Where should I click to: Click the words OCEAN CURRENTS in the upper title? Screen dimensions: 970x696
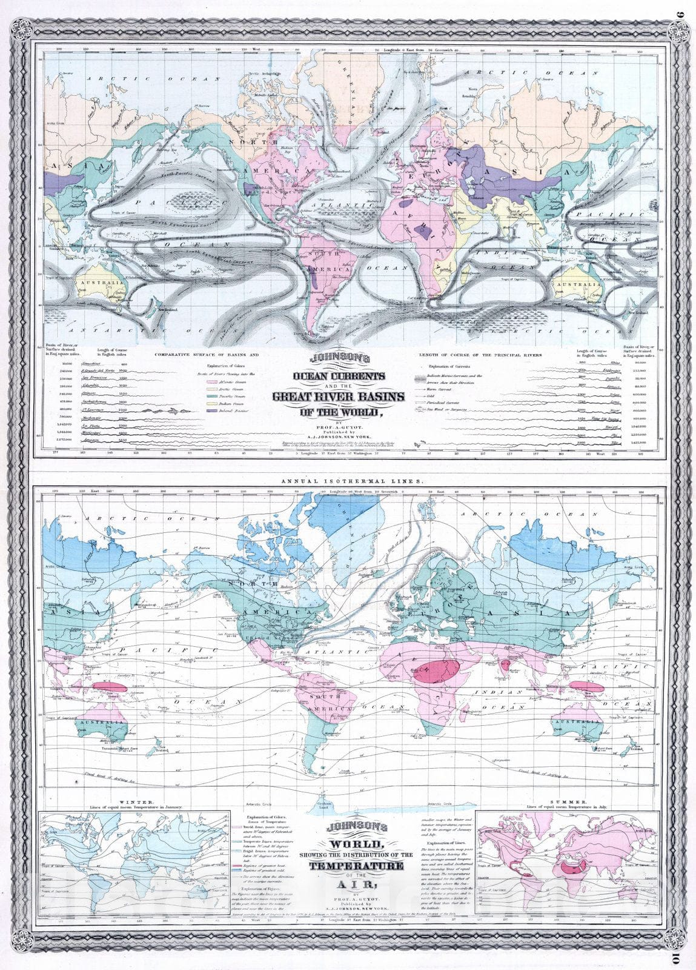(x=339, y=376)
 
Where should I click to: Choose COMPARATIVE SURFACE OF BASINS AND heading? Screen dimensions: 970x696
(x=206, y=354)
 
